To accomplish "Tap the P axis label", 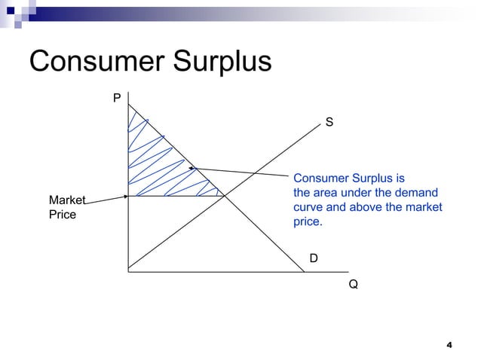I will (117, 97).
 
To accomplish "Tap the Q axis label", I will (353, 285).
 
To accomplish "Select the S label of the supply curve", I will (329, 121).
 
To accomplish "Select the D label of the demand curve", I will (314, 258).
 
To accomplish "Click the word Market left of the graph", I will (66, 200).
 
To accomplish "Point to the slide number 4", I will (449, 345).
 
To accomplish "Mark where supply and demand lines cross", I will (225, 197).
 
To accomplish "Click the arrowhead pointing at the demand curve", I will (191, 168).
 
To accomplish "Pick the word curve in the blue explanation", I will (308, 207).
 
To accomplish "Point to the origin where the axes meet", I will (129, 270).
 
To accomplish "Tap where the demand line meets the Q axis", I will (303, 270).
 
